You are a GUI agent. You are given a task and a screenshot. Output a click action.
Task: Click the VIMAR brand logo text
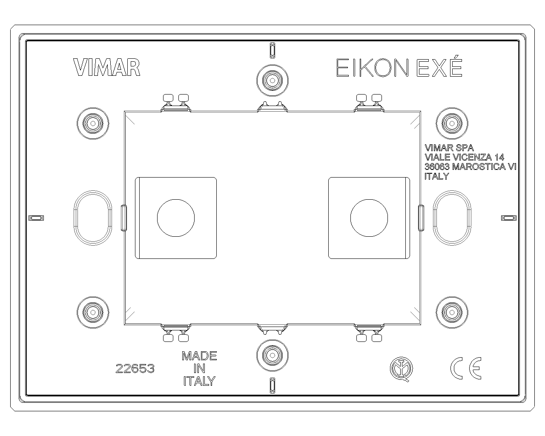click(106, 67)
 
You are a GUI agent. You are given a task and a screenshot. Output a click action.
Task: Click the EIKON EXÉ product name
click(399, 67)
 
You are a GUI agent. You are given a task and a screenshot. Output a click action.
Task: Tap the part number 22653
click(135, 369)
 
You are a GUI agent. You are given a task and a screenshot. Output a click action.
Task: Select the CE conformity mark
click(466, 368)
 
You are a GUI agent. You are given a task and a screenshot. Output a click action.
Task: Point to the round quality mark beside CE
click(402, 369)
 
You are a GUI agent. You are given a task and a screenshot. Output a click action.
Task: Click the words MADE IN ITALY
click(199, 369)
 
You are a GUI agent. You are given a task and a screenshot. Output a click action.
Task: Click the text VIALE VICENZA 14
click(464, 157)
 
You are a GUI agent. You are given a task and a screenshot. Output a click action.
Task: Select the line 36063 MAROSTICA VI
click(470, 167)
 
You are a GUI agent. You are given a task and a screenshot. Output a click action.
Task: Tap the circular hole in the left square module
click(176, 218)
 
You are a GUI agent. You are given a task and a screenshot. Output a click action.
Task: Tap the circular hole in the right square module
click(369, 218)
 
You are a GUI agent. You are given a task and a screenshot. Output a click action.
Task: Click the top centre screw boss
click(272, 80)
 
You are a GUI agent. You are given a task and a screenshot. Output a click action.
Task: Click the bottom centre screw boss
click(272, 356)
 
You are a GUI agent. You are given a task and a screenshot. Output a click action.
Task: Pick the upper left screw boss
click(93, 123)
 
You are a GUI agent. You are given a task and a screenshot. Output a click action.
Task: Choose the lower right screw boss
click(452, 313)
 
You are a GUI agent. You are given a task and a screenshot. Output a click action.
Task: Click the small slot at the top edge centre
click(272, 50)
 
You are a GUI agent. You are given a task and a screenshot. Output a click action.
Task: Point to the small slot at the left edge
click(36, 218)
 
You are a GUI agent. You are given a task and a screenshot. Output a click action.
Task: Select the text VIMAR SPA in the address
click(449, 148)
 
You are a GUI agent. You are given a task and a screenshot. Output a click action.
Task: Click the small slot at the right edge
click(509, 218)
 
